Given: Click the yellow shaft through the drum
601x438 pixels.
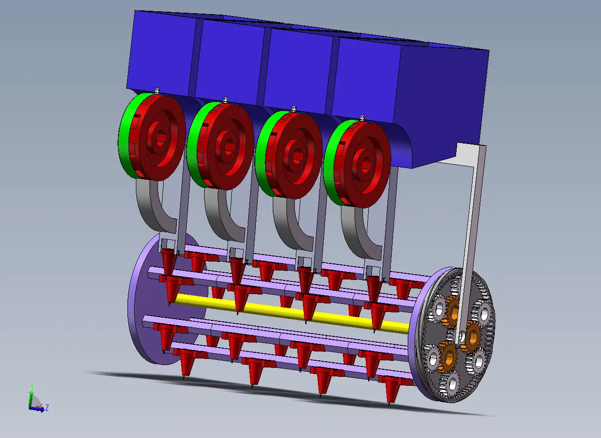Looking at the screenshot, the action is coord(293,313).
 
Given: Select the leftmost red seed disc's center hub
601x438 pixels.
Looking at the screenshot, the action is coord(160,138).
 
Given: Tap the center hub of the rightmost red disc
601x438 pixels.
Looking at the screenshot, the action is coord(365,165).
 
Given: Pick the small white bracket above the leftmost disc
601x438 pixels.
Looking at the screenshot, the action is coord(157,91).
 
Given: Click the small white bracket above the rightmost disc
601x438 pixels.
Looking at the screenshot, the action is coord(363,118).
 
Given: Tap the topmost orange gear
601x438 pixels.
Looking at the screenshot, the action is coord(453,312).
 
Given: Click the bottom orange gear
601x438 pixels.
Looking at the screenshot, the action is coord(448,357).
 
